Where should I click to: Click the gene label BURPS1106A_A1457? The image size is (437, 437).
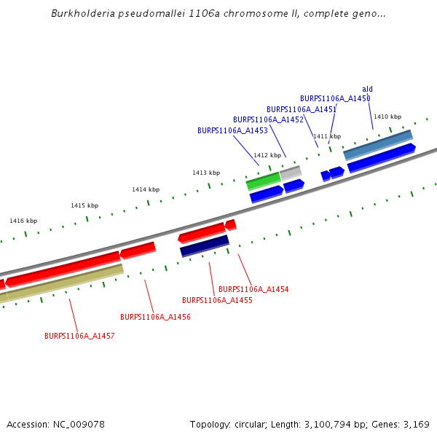click(x=79, y=336)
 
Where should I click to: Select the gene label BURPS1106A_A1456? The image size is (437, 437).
click(x=155, y=317)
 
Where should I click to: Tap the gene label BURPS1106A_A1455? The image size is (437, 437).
click(x=217, y=300)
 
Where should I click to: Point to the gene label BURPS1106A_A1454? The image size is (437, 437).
click(x=253, y=289)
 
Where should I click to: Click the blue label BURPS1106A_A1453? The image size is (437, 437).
click(x=232, y=130)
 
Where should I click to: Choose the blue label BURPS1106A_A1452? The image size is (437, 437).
click(x=268, y=119)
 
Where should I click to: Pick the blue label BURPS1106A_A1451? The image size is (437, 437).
click(x=301, y=109)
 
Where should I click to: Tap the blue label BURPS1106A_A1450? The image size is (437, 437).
click(x=335, y=98)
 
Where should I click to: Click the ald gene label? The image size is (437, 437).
click(x=367, y=89)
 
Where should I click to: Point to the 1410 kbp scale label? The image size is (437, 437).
click(x=387, y=117)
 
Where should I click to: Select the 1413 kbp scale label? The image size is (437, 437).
click(x=206, y=173)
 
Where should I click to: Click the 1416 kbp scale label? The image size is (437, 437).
click(x=23, y=221)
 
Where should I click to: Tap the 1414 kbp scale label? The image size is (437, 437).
click(x=146, y=189)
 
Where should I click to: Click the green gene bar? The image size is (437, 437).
click(x=263, y=181)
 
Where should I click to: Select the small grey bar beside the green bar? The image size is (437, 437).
click(x=291, y=173)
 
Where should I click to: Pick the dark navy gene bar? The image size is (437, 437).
click(x=205, y=245)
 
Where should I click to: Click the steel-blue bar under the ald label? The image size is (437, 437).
click(x=378, y=144)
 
